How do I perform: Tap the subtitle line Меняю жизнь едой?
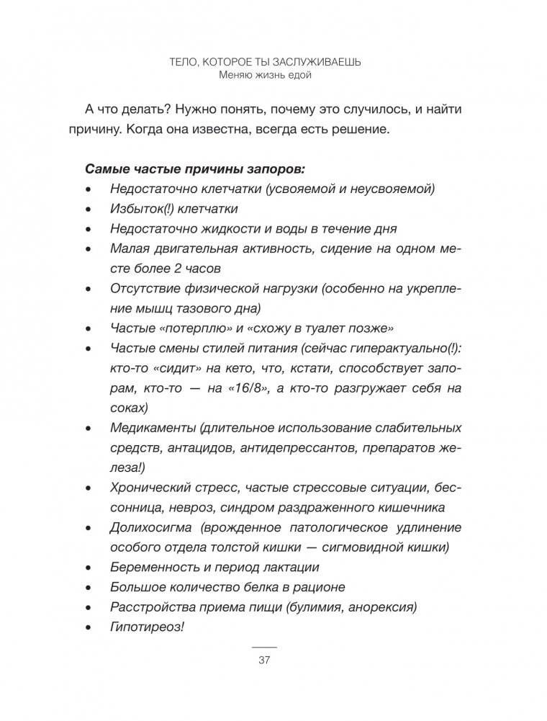click(x=263, y=75)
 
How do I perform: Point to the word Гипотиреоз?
click(x=148, y=626)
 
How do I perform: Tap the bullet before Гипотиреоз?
click(x=88, y=627)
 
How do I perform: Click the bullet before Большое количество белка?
click(x=88, y=588)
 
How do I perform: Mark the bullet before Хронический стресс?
click(x=88, y=489)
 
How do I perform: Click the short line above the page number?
click(x=263, y=648)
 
